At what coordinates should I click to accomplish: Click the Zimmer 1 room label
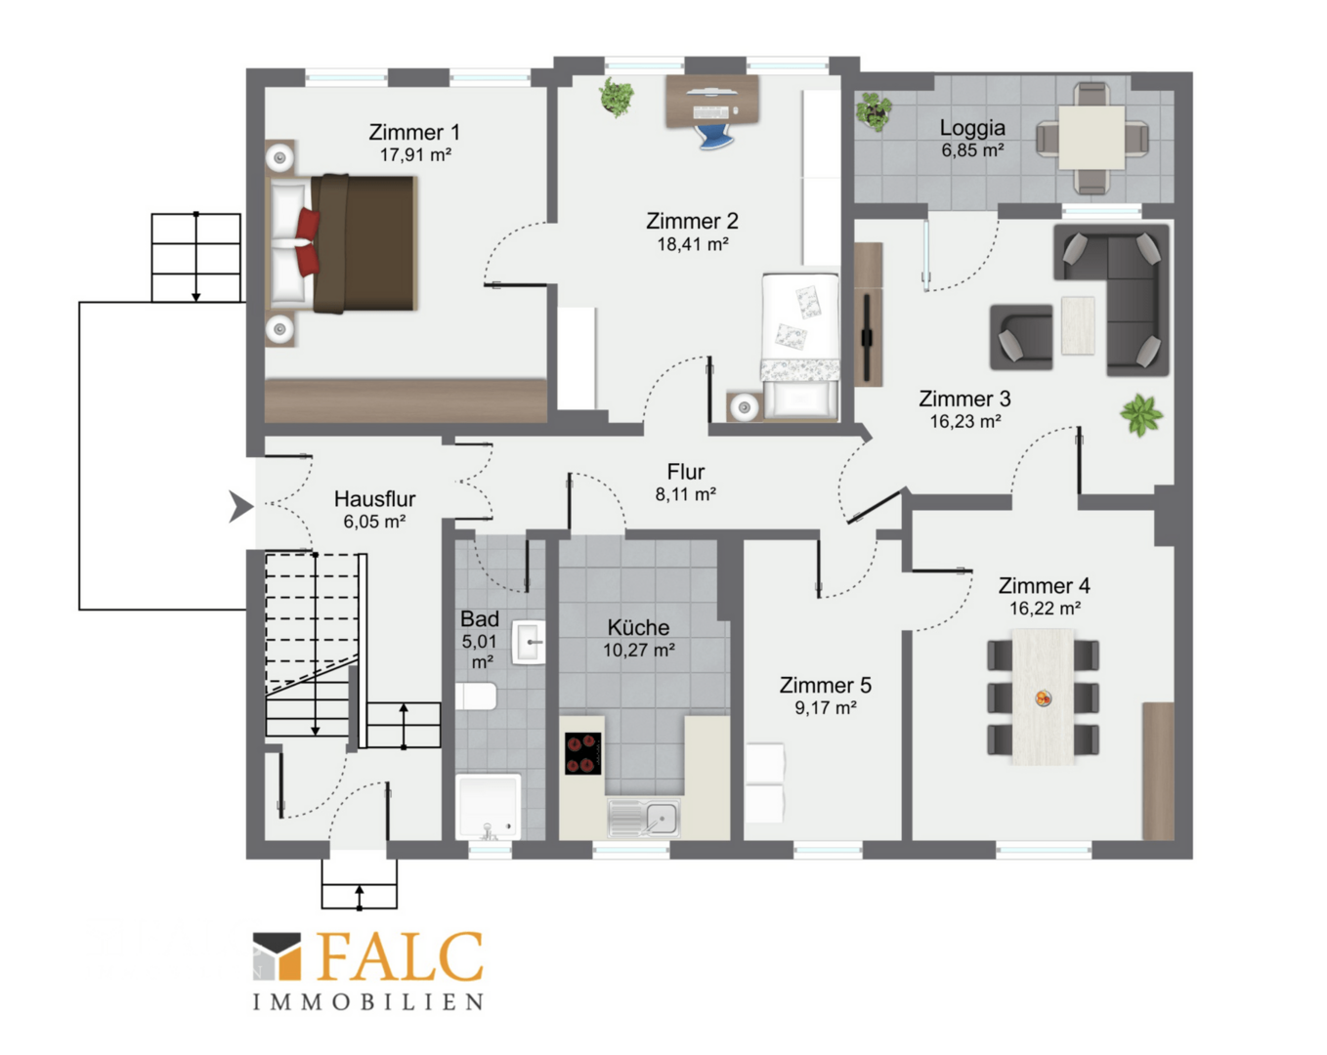point(414,132)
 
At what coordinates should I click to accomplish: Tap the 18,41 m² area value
point(693,244)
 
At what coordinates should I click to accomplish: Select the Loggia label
point(972,128)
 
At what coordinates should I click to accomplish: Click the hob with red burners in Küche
point(582,753)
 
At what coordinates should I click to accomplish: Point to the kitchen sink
point(644,819)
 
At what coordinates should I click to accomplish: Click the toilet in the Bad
point(476,696)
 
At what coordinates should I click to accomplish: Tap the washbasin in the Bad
point(529,642)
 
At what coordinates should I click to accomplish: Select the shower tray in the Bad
point(488,807)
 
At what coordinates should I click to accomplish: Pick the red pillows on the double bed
point(308,242)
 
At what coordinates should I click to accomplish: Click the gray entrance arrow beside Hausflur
point(240,507)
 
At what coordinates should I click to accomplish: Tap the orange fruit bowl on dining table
point(1043,698)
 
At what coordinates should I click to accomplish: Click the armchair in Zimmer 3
point(1021,337)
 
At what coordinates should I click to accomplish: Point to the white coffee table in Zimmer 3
point(1078,325)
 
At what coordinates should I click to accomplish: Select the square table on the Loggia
point(1092,138)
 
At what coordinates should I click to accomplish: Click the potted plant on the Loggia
point(874,111)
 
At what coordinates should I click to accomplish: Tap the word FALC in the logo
point(400,957)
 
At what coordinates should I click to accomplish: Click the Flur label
point(685,472)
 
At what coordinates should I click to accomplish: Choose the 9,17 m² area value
point(825,708)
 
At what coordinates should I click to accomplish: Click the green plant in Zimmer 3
point(1141,415)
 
